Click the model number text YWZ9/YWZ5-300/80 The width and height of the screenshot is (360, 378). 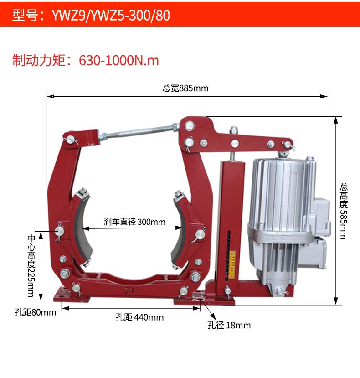coord(111,15)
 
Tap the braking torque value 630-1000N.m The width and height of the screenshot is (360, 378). coord(119,60)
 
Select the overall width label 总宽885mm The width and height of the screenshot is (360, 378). coord(185,88)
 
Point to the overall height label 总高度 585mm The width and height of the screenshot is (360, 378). coord(344,211)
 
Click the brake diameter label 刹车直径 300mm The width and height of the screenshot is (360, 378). coord(135,222)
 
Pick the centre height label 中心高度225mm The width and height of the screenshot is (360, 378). coord(31,265)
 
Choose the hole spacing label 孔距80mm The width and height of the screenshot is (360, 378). coord(36,312)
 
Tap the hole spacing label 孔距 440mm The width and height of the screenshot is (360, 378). coord(140,317)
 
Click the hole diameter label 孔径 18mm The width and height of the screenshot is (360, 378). coord(229,325)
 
